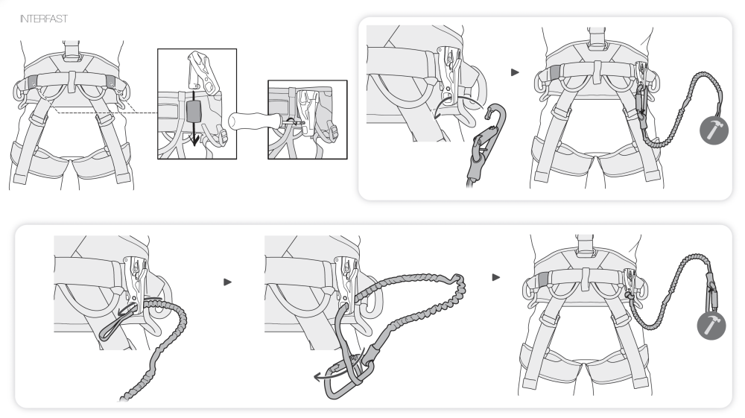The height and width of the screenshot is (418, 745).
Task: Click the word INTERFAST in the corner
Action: tap(44, 19)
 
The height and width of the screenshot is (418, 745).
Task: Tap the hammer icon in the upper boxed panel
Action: tap(712, 130)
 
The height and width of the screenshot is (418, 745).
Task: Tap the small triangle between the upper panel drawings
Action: tap(515, 72)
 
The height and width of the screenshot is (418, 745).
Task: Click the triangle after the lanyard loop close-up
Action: tap(228, 282)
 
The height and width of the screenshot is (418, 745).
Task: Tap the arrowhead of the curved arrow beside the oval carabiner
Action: tap(316, 377)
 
